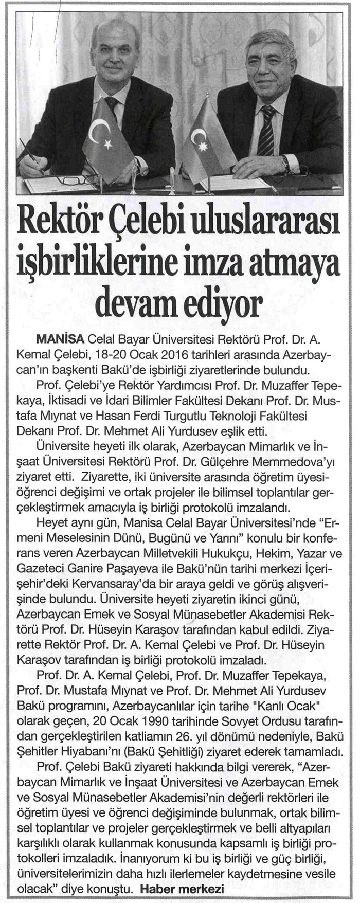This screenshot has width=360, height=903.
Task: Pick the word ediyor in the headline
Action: [227, 303]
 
